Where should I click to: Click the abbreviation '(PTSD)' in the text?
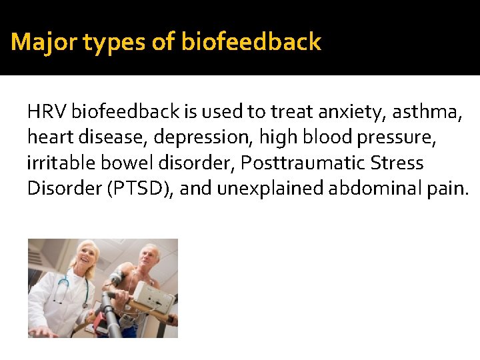(139, 189)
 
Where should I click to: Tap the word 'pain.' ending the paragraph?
(449, 189)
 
